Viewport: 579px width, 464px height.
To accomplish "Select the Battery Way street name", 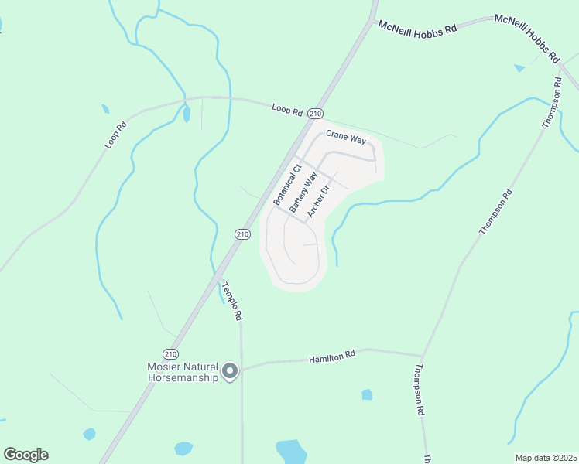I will [303, 193].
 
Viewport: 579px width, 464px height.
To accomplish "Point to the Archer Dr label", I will [319, 200].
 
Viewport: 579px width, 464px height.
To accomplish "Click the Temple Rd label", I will [232, 301].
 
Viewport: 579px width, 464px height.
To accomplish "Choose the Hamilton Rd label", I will [331, 357].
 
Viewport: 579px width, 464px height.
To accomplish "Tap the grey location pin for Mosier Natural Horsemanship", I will [230, 372].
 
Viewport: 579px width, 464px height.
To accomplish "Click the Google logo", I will [26, 455].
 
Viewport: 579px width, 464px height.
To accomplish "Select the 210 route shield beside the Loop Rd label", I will [315, 113].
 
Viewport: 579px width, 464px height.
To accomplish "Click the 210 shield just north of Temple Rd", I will [242, 234].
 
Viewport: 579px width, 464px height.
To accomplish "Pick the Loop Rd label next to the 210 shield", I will [286, 109].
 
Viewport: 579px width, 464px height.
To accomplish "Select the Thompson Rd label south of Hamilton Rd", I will [420, 390].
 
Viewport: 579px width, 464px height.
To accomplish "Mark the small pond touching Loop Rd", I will [186, 114].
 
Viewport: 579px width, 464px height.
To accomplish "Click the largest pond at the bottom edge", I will [291, 451].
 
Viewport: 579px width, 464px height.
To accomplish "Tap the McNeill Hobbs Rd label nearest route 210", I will [418, 26].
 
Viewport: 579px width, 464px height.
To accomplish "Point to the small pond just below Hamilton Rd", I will [367, 394].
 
